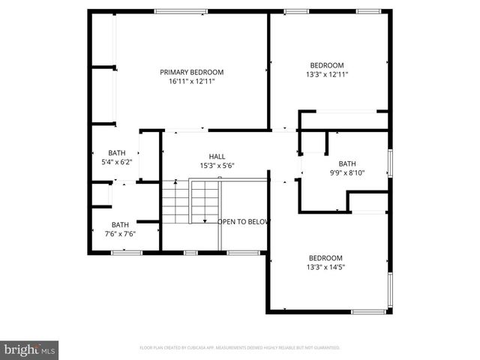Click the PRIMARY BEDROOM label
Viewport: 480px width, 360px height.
192,72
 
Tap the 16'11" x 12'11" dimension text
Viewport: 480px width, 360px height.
192,81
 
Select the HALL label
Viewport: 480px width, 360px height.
217,156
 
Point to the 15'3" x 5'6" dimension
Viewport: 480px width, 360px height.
217,165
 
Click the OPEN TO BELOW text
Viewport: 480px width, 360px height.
243,222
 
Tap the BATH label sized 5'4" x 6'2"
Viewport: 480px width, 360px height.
116,152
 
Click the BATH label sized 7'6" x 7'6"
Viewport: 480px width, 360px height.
120,224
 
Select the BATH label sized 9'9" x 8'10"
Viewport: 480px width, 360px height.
347,163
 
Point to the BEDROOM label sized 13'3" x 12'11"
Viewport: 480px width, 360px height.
327,64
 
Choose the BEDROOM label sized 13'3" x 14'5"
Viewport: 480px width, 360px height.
326,257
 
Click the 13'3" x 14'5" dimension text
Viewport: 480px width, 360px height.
326,266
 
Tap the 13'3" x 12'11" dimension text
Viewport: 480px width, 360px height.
327,73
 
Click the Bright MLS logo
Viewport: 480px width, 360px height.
31,349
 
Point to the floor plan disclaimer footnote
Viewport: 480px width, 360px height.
240,348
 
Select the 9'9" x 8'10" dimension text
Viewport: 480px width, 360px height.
347,172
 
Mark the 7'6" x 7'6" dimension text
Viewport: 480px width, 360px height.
120,233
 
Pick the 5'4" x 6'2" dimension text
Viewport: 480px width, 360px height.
116,161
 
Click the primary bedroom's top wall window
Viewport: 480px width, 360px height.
181,10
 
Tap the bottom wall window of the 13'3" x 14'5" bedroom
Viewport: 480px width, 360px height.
368,311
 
